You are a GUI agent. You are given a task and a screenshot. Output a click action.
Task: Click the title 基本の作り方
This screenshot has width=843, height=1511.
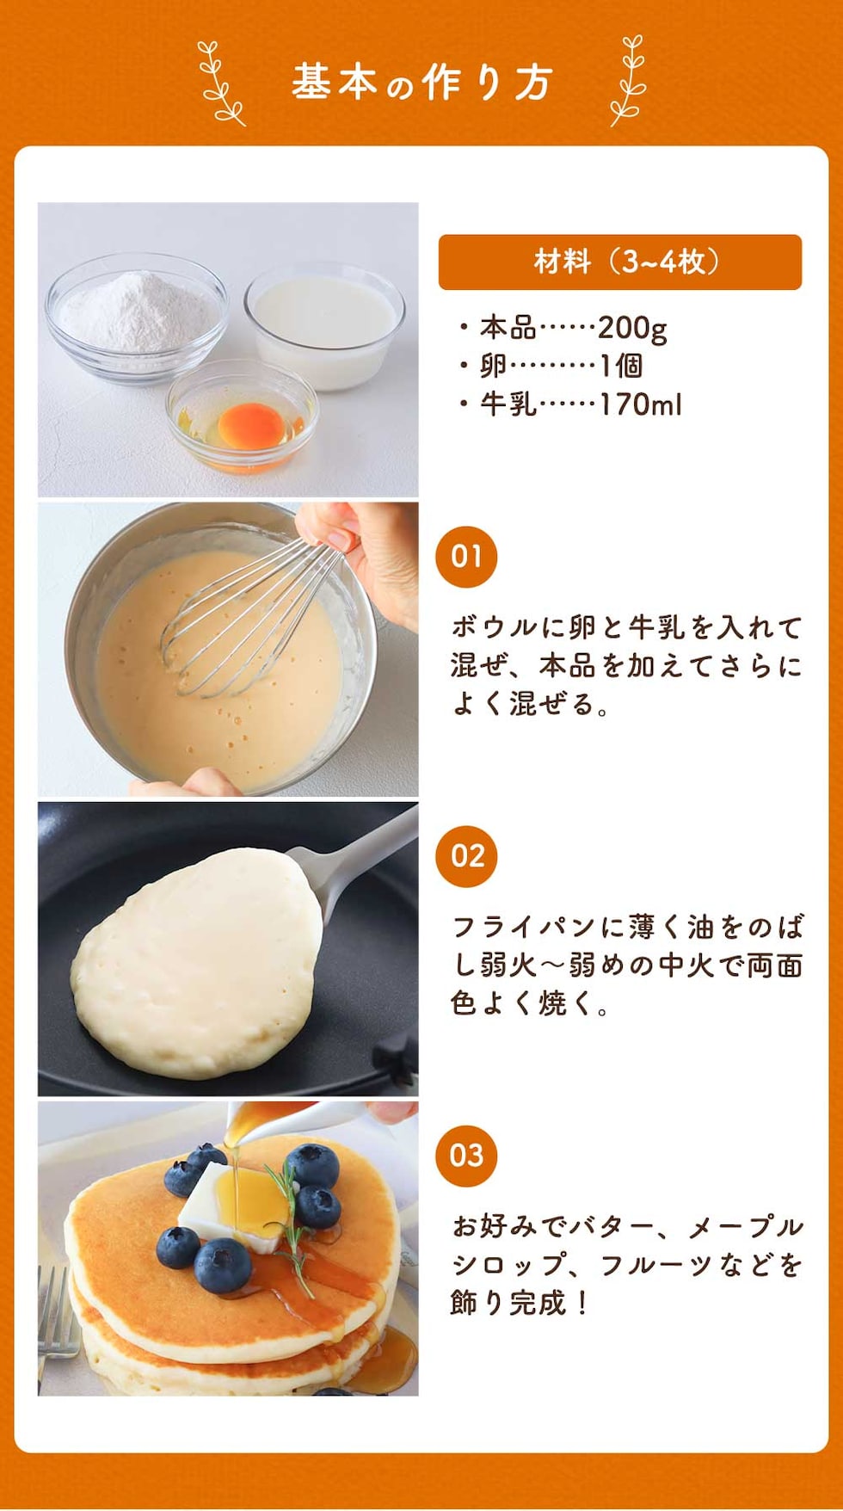(421, 83)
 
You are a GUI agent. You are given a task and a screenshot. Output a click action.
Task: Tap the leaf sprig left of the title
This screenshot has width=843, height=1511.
(220, 83)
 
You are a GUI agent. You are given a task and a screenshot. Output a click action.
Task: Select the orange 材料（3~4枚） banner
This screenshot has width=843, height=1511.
(619, 262)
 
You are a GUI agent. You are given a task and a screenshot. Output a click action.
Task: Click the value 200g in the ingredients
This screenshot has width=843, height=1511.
(632, 328)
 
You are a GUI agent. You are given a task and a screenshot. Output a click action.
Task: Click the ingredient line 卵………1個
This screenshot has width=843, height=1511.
(561, 366)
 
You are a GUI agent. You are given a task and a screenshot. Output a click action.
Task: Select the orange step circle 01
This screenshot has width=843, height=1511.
(466, 557)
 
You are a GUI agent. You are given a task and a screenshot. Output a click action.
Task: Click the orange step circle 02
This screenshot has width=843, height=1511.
(466, 856)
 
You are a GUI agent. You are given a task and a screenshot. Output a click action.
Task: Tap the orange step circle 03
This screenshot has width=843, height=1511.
(466, 1156)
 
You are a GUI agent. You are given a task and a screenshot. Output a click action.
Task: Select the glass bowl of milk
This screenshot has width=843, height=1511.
(324, 326)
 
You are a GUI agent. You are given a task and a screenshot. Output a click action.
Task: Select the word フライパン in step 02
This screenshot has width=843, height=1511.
(525, 927)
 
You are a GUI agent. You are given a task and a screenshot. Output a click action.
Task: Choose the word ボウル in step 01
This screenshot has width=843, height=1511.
(495, 627)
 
